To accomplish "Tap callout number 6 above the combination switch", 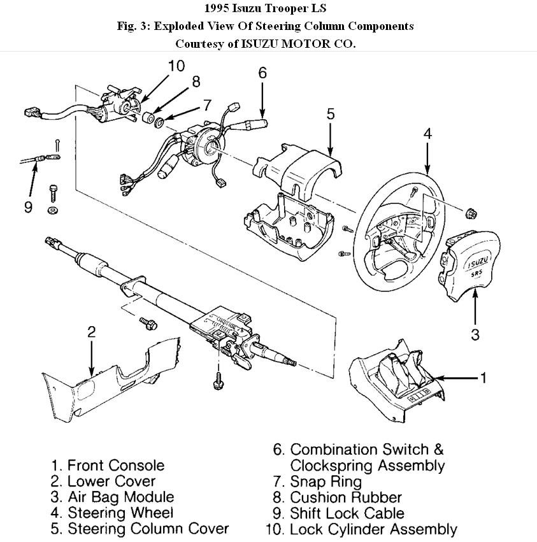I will tap(262, 73).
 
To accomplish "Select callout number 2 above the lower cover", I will tap(92, 331).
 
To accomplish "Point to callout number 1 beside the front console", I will tap(483, 378).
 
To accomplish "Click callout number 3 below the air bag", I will tap(475, 334).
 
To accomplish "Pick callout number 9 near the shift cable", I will tap(28, 208).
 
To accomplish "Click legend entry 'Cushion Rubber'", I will tap(338, 497).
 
